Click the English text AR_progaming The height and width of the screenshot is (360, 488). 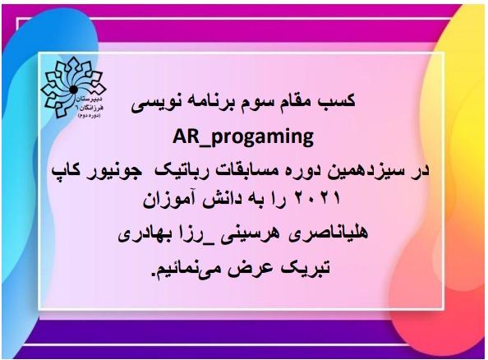[243, 137]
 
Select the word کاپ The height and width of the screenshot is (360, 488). [66, 172]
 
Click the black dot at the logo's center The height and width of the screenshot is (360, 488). [73, 90]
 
